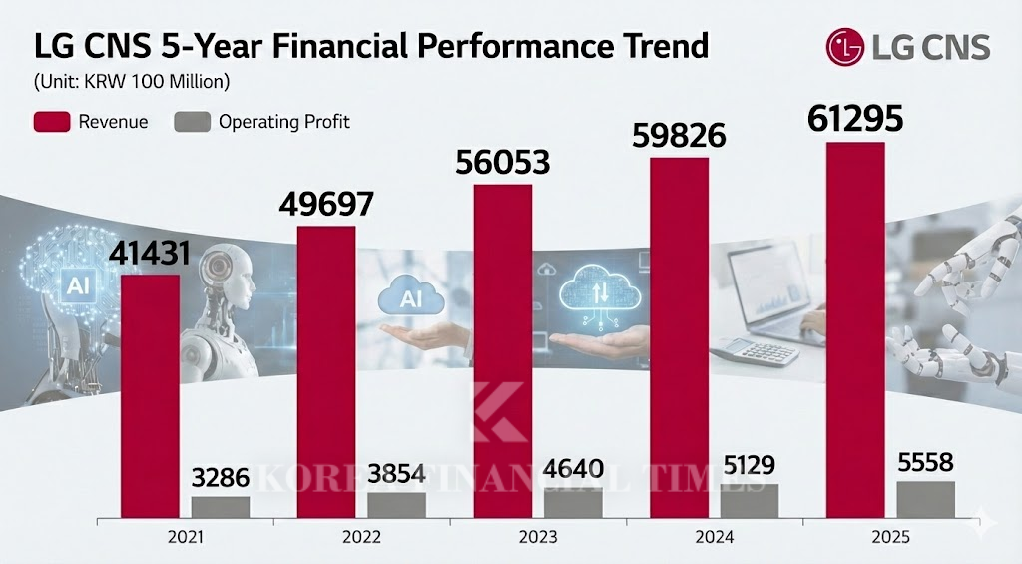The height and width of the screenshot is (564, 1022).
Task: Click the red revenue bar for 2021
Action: click(x=151, y=394)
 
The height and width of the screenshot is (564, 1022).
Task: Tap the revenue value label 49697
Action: click(x=325, y=204)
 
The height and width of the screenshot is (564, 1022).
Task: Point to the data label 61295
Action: click(x=854, y=120)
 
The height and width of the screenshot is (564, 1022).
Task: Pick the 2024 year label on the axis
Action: click(x=715, y=538)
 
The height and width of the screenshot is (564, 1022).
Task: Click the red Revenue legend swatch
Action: click(x=52, y=122)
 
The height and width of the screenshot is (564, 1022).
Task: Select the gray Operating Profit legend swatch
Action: click(x=192, y=122)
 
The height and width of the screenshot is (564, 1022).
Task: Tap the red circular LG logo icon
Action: click(x=843, y=46)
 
